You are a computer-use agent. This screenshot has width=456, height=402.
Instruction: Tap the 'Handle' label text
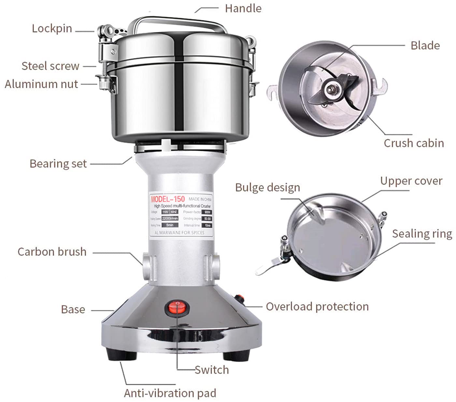coord(243,8)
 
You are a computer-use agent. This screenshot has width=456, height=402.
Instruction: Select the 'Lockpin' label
coord(52,28)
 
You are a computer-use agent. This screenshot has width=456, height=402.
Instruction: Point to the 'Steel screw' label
coord(50,66)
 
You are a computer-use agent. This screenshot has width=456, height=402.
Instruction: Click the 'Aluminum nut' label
coord(41,84)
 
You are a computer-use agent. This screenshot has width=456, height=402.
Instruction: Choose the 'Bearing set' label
coord(58,163)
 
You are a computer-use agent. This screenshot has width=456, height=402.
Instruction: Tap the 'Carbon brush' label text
coord(52,252)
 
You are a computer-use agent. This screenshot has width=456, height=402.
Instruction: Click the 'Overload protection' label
coord(317,306)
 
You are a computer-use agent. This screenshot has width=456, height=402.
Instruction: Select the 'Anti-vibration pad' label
coord(170,393)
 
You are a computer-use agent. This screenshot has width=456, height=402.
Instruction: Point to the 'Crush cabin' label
coord(414,143)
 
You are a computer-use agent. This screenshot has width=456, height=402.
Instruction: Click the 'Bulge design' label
coord(267,187)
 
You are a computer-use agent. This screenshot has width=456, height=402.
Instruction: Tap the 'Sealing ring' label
coord(422,234)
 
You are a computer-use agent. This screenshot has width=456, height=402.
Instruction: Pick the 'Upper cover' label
coord(411,181)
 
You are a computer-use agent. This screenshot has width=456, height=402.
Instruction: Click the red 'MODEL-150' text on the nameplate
coord(168,199)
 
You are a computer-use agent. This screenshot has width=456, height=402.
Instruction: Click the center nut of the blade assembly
coord(331,87)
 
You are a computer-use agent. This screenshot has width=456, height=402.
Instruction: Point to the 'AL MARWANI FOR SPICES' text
coord(179,233)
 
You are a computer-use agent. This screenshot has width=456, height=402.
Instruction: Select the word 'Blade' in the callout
coord(425,45)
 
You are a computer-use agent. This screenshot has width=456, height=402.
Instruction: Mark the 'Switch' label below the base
coord(212,370)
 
